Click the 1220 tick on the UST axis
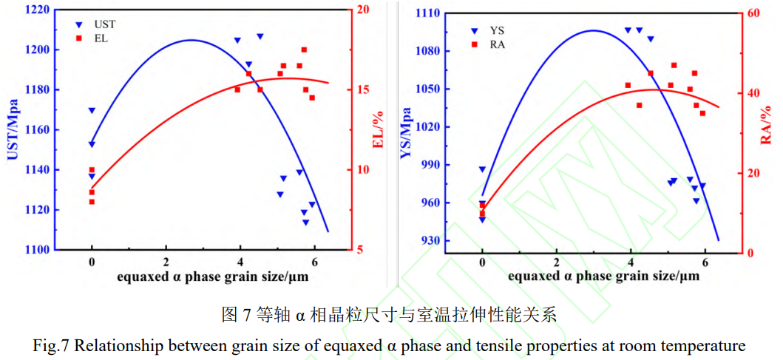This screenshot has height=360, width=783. tap(37, 10)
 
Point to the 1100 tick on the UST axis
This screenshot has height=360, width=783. tap(37, 250)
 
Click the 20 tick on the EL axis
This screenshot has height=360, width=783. tap(362, 10)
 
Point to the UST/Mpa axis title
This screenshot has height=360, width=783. tap(13, 129)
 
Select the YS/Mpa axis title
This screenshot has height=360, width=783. tap(406, 132)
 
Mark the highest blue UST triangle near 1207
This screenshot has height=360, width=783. tap(260, 36)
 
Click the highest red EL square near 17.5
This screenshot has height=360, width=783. tap(304, 50)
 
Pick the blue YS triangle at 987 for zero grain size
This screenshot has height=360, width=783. tap(482, 169)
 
